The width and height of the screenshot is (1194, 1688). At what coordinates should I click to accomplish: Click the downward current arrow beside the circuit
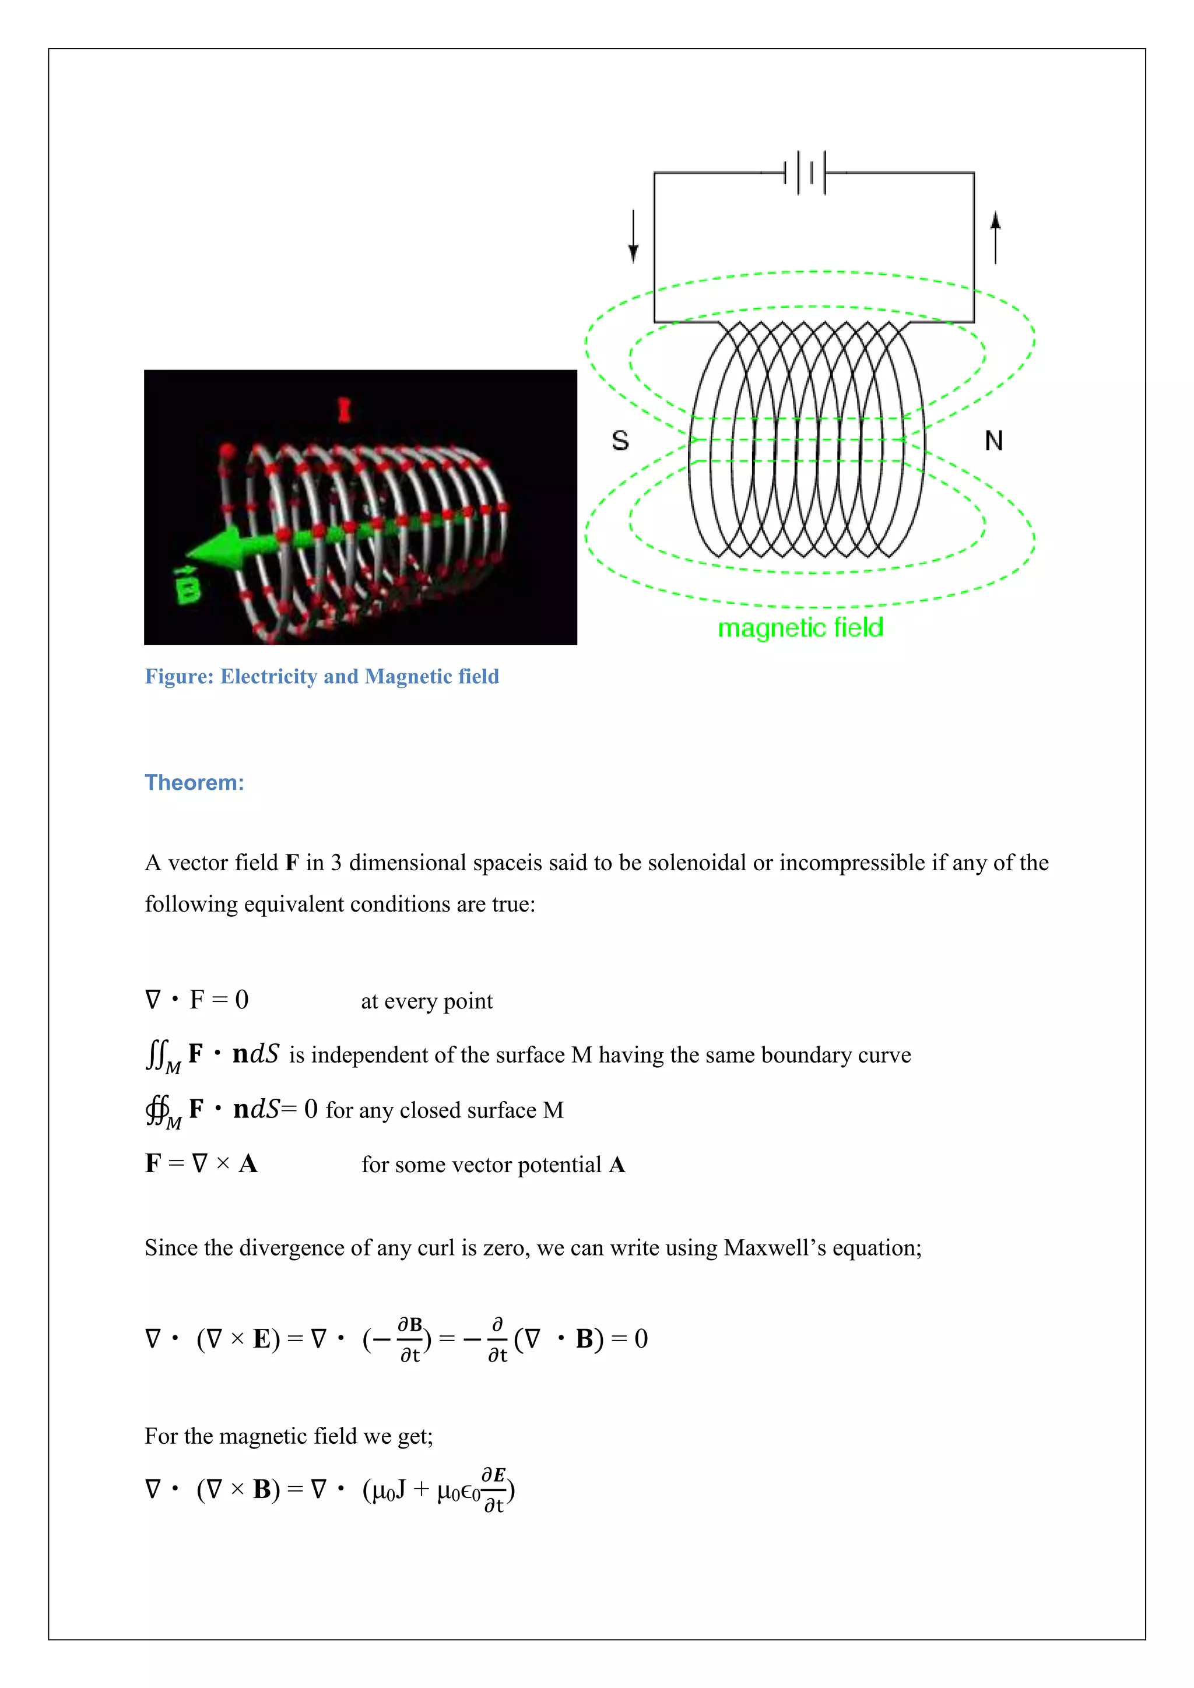633,237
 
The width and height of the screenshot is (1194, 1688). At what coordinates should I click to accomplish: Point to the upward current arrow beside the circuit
996,237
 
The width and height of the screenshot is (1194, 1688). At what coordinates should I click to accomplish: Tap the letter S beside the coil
620,441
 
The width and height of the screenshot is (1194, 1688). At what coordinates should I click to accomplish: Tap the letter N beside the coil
993,441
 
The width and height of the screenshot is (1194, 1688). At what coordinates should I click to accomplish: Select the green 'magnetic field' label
800,628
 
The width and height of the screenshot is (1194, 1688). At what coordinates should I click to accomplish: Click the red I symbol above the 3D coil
343,410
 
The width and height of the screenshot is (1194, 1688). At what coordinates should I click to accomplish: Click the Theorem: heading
194,782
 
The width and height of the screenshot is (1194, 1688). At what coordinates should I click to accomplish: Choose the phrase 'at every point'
426,1001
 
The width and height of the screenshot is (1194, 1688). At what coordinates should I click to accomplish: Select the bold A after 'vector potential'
617,1165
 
